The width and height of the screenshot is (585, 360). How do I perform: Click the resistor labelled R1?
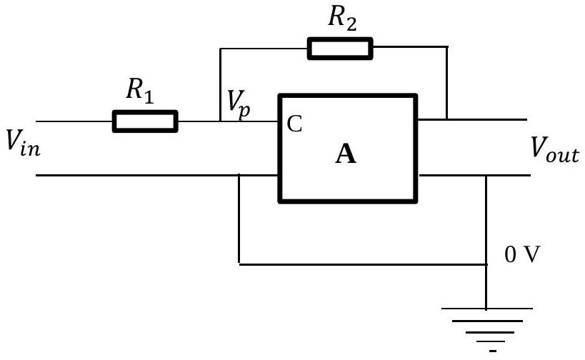(145, 121)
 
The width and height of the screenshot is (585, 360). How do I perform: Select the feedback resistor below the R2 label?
(340, 49)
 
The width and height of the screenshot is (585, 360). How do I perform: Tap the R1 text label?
(139, 90)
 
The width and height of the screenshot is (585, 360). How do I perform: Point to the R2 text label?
(342, 18)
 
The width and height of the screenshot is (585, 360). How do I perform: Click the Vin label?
(23, 143)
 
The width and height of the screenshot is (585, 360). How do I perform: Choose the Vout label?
(555, 150)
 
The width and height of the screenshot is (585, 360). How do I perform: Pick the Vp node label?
(239, 104)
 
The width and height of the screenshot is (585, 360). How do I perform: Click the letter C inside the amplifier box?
(294, 124)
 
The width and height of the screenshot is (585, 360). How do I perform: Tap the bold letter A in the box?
(346, 154)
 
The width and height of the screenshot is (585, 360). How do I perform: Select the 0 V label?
(522, 255)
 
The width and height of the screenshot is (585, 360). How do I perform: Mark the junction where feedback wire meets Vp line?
(221, 121)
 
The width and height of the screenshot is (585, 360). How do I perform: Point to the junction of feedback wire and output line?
(446, 119)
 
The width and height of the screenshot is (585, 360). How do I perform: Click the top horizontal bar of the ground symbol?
(487, 309)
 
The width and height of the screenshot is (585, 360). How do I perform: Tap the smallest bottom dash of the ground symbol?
(492, 351)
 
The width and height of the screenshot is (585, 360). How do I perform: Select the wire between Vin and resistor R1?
(74, 121)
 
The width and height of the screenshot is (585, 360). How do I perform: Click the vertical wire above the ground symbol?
(486, 242)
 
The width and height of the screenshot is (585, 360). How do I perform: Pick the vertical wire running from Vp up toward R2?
(221, 85)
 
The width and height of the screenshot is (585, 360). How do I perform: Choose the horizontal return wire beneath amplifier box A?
(363, 264)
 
